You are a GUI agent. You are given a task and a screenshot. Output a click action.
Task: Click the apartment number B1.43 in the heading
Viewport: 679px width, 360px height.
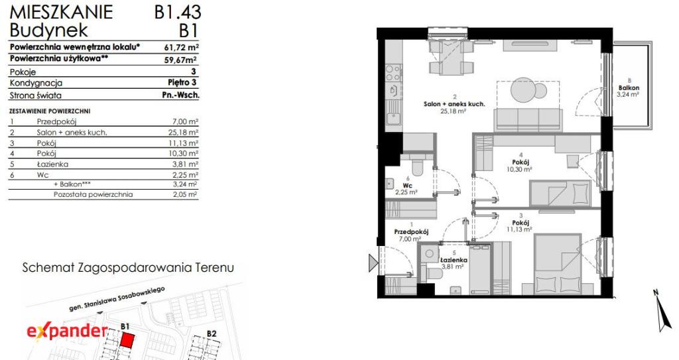click(x=178, y=12)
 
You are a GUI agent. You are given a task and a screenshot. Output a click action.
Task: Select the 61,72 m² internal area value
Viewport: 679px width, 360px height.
click(x=182, y=47)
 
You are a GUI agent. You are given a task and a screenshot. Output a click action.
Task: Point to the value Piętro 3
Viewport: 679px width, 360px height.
click(x=182, y=82)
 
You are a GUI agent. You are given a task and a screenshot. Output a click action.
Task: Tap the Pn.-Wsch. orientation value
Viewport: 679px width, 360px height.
click(x=181, y=95)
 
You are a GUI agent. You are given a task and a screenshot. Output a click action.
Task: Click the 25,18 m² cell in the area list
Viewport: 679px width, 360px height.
click(x=183, y=133)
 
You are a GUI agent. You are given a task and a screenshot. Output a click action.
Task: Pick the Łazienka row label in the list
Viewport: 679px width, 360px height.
click(x=52, y=164)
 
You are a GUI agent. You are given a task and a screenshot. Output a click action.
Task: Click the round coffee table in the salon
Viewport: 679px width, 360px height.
click(x=523, y=90)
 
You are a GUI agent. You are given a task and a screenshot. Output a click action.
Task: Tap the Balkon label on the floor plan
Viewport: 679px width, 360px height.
click(x=629, y=88)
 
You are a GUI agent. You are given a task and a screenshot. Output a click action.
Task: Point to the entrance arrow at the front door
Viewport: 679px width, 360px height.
click(x=373, y=263)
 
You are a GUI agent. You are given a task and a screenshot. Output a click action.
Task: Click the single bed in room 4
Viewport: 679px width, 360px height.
click(x=560, y=193)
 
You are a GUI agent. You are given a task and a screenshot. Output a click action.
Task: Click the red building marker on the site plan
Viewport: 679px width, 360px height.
click(x=127, y=340)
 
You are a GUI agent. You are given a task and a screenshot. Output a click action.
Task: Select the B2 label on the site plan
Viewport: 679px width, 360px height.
click(x=212, y=333)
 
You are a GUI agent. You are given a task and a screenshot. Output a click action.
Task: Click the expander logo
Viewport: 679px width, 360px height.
click(x=67, y=331)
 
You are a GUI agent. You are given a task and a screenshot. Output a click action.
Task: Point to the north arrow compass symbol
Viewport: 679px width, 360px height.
click(x=662, y=310)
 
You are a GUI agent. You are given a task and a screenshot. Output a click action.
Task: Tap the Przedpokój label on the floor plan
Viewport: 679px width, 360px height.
click(x=411, y=232)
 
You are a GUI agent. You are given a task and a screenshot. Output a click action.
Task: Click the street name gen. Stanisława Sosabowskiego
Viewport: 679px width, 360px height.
click(x=117, y=300)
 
